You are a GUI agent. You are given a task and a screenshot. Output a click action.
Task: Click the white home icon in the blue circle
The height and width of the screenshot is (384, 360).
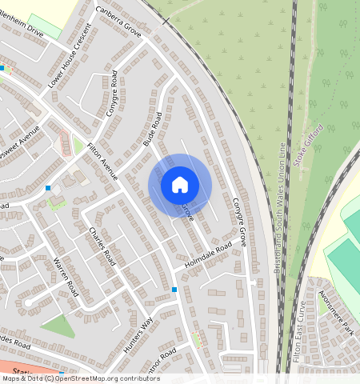coord(180,185)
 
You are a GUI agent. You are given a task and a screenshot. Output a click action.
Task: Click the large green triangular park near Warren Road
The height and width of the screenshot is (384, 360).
coord(58,326)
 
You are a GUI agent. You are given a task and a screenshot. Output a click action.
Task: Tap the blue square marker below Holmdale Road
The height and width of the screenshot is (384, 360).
coord(174,290)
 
